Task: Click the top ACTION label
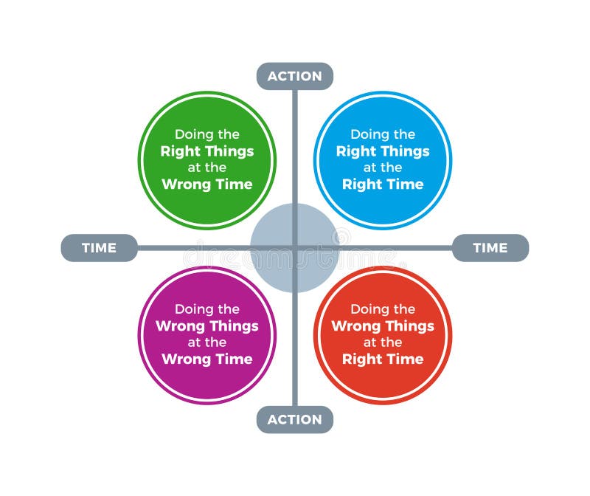tap(294, 76)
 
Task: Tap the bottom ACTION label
tap(294, 419)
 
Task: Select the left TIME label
tap(99, 248)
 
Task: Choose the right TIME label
tap(490, 248)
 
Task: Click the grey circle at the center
tap(294, 248)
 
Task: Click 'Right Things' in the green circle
tap(207, 151)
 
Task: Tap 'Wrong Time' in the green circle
tap(207, 184)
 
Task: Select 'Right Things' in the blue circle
tap(383, 151)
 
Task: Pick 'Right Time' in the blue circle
tap(383, 184)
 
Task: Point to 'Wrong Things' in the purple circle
tap(207, 326)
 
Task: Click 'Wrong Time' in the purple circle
tap(207, 359)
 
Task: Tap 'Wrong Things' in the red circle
tap(383, 326)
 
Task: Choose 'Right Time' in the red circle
tap(383, 359)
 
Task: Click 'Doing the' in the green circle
tap(207, 134)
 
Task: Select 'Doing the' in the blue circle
tap(383, 134)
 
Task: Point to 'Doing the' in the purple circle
tap(207, 309)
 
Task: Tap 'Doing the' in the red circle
tap(383, 309)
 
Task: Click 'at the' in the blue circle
tap(383, 168)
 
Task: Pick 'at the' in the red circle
tap(383, 342)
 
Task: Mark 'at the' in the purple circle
tap(207, 342)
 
